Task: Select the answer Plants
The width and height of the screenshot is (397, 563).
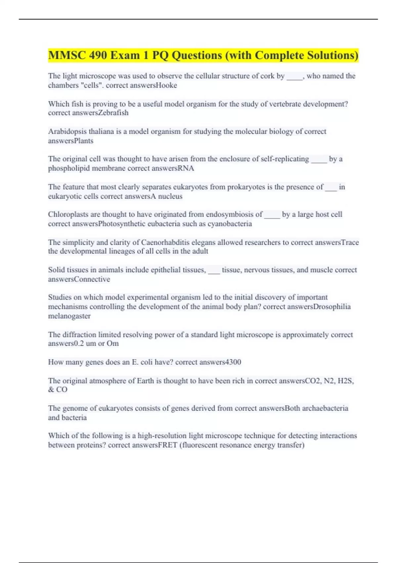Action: point(84,141)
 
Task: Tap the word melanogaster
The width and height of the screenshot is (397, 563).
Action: point(69,316)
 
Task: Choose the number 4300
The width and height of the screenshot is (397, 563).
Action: point(233,362)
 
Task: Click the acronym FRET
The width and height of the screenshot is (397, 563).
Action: point(167,445)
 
